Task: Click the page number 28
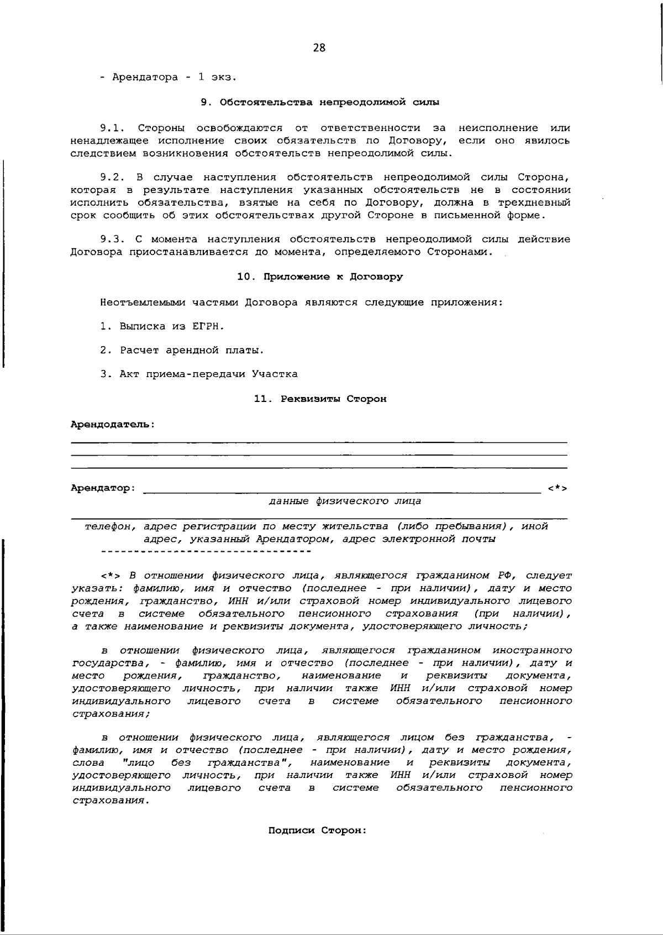pyautogui.click(x=319, y=48)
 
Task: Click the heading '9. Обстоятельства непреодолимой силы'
pyautogui.click(x=320, y=102)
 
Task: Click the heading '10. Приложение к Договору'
pyautogui.click(x=320, y=276)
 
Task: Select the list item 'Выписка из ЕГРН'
pyautogui.click(x=172, y=326)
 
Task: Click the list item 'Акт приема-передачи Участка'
pyautogui.click(x=208, y=374)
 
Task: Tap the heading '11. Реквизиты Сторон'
pyautogui.click(x=320, y=399)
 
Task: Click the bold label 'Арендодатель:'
pyautogui.click(x=113, y=424)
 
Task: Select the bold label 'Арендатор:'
pyautogui.click(x=103, y=488)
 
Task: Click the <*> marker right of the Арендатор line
pyautogui.click(x=557, y=488)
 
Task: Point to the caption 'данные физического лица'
pyautogui.click(x=345, y=501)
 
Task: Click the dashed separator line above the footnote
pyautogui.click(x=206, y=551)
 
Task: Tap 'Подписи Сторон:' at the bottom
pyautogui.click(x=318, y=830)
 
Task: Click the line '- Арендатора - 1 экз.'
pyautogui.click(x=169, y=77)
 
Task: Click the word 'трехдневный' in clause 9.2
pyautogui.click(x=534, y=202)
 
